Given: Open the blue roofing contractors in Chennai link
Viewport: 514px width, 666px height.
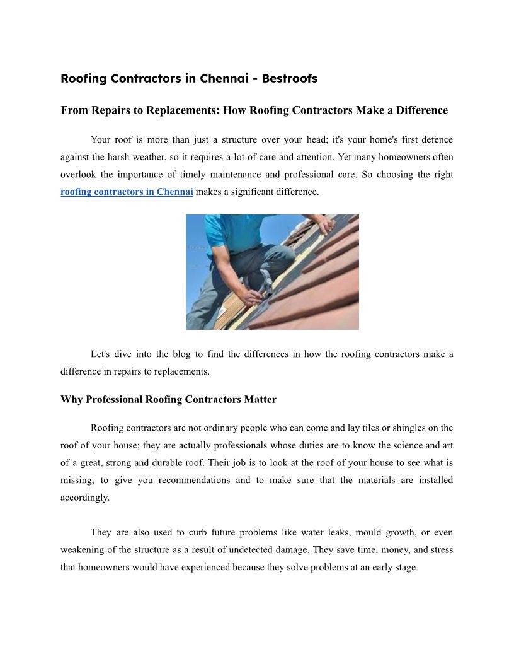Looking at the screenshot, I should click(127, 192).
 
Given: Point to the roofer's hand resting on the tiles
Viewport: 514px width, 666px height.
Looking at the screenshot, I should click(324, 225).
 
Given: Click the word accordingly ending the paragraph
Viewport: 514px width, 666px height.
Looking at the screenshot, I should click(85, 498).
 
